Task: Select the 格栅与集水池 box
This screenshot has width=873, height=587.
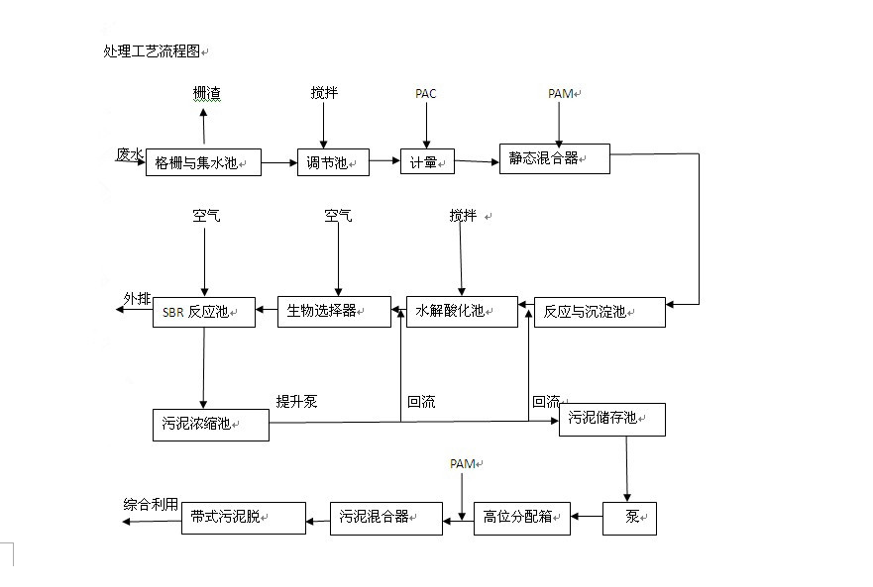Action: click(203, 162)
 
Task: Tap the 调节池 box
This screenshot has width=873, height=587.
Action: click(333, 162)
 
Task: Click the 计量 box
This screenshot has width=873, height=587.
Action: click(427, 162)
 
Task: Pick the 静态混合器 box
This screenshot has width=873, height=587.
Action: click(554, 158)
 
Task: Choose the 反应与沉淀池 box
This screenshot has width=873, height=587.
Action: click(600, 312)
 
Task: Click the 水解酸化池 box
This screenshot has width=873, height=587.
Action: click(462, 311)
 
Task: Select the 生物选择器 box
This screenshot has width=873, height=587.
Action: click(334, 312)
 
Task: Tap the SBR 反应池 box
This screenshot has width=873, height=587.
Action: click(202, 312)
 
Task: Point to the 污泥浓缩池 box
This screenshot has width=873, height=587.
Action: click(210, 425)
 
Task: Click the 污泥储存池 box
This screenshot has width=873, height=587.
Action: click(611, 420)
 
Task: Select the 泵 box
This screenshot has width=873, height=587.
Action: click(629, 518)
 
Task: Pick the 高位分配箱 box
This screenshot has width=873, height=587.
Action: click(521, 518)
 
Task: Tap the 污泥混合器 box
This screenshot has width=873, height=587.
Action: click(385, 518)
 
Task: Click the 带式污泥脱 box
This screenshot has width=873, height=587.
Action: click(243, 518)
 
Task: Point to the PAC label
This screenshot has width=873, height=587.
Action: click(426, 94)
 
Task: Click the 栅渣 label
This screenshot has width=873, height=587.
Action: click(207, 94)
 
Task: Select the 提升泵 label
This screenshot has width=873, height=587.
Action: click(296, 402)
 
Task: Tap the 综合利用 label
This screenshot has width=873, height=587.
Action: click(152, 504)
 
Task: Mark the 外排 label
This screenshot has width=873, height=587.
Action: click(137, 298)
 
